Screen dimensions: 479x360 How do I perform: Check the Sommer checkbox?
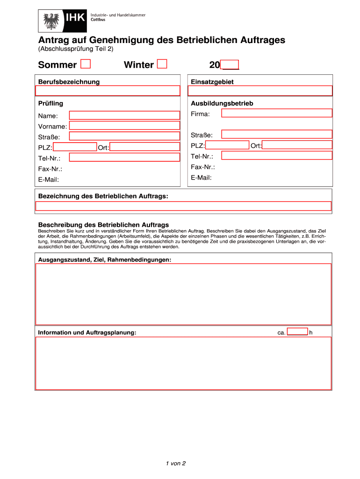coord(86,64)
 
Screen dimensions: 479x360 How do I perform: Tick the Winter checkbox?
coord(162,64)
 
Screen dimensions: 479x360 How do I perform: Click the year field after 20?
coord(230,65)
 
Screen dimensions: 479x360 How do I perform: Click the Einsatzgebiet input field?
coord(259,91)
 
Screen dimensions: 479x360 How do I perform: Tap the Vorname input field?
coord(124,125)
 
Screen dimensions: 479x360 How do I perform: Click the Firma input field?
coord(276,113)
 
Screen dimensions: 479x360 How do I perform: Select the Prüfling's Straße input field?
coord(124,136)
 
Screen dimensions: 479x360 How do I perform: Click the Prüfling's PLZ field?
coord(75,147)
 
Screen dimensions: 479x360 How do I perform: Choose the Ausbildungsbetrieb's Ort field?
coord(297,145)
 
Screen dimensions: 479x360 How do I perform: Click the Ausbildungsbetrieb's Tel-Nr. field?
coord(276,155)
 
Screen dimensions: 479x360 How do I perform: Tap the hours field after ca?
coord(297,332)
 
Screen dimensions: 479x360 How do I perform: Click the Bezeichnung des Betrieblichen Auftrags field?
coord(183,206)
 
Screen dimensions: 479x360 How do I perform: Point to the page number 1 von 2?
coord(176,463)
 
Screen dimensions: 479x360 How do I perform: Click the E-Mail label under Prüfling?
coord(48,179)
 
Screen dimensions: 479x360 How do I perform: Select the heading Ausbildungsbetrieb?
coord(222,103)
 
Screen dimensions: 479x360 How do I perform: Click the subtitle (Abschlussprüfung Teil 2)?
coord(75,49)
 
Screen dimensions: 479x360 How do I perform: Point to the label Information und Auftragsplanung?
coord(87,333)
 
